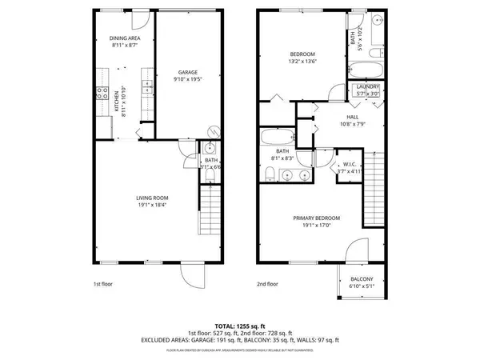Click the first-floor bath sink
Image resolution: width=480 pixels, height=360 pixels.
pyautogui.click(x=210, y=149)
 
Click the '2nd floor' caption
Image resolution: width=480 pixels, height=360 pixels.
pyautogui.click(x=268, y=283)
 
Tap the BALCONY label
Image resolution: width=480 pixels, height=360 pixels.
pyautogui.click(x=362, y=279)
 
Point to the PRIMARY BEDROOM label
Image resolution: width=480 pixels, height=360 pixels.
pyautogui.click(x=317, y=218)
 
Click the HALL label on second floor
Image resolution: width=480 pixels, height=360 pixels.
pyautogui.click(x=330, y=116)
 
